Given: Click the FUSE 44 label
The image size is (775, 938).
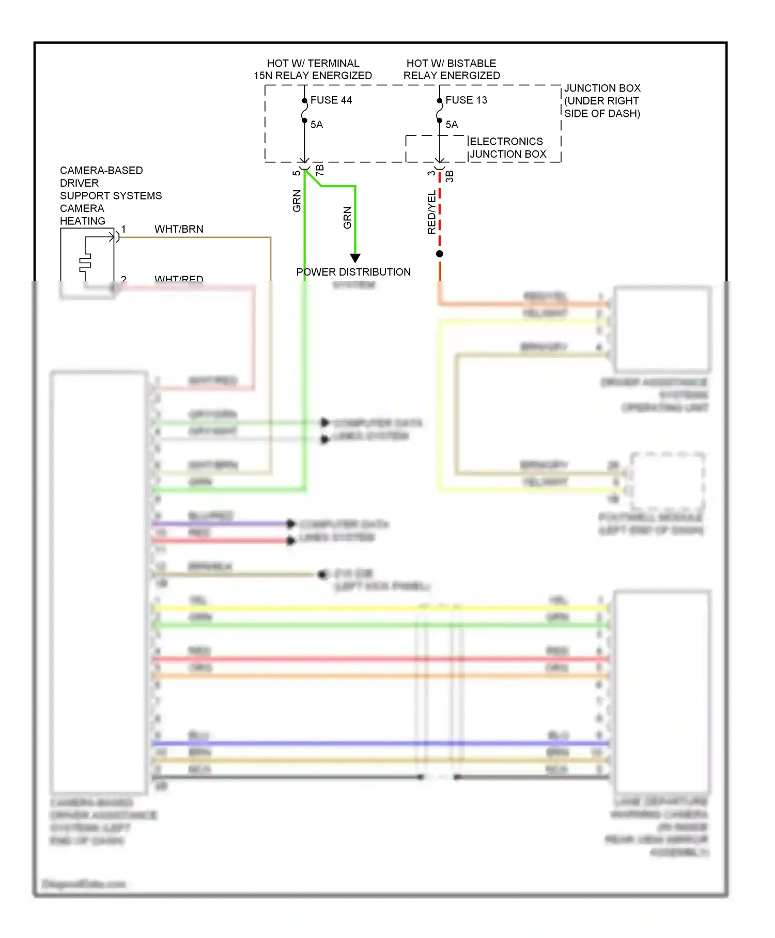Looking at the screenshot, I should pos(331,100).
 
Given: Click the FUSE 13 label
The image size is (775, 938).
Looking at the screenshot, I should pos(466,100).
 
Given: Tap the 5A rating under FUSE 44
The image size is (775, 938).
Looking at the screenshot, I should pos(317,125).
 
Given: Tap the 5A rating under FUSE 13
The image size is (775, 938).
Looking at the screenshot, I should pos(452,125).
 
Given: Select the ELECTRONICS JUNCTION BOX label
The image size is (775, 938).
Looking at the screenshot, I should pos(507,148).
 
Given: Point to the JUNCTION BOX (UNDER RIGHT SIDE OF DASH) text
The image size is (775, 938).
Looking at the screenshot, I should pos(602,101).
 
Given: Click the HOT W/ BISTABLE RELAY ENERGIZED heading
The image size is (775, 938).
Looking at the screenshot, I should pos(452,69).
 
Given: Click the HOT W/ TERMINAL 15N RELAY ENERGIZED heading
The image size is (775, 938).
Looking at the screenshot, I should pos(313,69).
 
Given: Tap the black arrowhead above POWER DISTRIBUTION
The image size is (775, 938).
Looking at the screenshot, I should pos(355,258).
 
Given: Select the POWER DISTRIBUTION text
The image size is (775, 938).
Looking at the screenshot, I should pos(353,272).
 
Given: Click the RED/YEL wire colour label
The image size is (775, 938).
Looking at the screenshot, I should pos(431,213).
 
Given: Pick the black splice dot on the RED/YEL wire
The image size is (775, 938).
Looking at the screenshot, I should pos(440,254).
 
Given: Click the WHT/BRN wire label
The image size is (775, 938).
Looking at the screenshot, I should pos(179,229).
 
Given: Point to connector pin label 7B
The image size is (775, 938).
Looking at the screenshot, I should pos(320,170).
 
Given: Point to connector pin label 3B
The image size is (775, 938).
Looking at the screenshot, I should pos(450,176).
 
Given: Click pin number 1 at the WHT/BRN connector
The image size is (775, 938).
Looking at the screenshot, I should pos(123,229).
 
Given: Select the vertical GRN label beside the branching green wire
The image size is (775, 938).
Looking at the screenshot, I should pos(347,218).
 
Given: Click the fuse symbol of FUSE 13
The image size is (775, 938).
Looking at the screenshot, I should pos(440,111).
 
